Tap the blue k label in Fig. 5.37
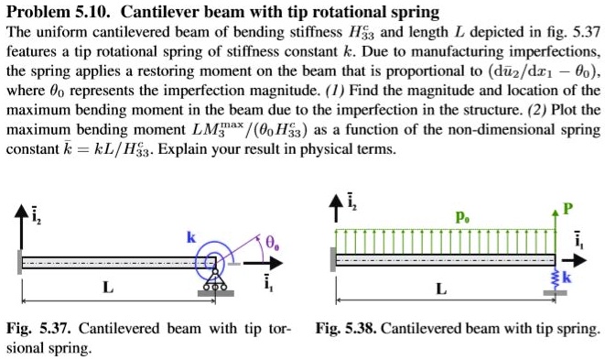pyautogui.click(x=190, y=237)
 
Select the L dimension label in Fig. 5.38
pyautogui.click(x=442, y=289)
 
